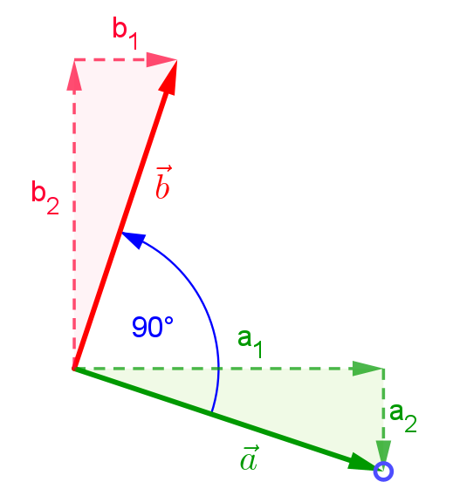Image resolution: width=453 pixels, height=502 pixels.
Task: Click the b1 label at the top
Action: [126, 33]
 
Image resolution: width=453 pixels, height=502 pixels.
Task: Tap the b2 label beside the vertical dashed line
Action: [45, 198]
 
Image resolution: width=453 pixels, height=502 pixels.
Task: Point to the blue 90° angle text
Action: [153, 327]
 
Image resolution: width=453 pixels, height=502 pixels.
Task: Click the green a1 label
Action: [250, 343]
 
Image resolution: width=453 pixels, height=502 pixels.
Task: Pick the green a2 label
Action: [403, 417]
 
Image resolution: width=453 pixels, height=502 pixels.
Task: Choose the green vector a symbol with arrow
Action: [249, 458]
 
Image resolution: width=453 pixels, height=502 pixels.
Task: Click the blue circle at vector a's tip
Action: [383, 471]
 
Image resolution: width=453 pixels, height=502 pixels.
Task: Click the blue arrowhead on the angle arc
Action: [134, 240]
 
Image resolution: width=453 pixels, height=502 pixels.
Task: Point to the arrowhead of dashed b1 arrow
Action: [161, 59]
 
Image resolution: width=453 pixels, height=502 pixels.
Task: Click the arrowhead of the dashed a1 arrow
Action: [367, 369]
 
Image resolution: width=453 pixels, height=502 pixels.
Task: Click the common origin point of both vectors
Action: [73, 369]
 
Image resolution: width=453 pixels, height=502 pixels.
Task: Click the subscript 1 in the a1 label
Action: [258, 349]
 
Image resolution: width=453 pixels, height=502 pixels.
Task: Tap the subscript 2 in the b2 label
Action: [53, 207]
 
